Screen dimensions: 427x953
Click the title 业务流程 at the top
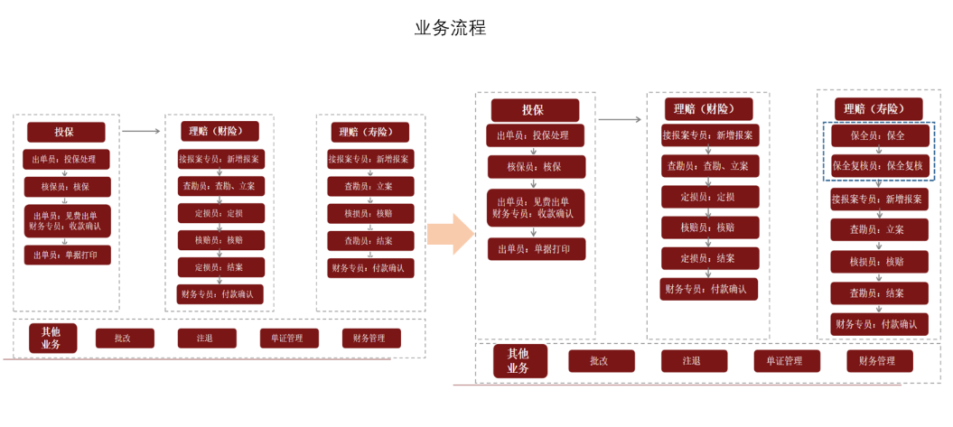tap(450, 28)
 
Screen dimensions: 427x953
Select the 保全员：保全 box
tap(878, 135)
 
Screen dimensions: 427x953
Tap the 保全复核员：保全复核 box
tap(878, 165)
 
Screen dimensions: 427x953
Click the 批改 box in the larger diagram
tap(601, 361)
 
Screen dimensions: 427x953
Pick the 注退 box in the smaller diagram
tap(206, 339)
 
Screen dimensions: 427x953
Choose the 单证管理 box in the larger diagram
tap(788, 361)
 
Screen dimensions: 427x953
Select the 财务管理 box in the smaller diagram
tap(370, 339)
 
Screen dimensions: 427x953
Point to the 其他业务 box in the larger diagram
tap(520, 361)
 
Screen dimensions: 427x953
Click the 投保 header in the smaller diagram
tap(66, 132)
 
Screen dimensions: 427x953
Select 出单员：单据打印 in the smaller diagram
tap(67, 255)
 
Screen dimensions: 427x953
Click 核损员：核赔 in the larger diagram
tap(878, 262)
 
